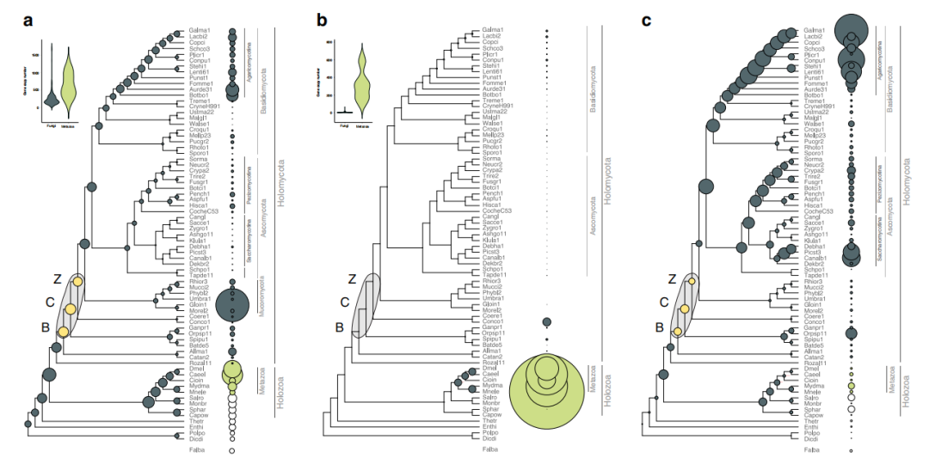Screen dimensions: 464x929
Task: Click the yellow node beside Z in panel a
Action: tap(77, 282)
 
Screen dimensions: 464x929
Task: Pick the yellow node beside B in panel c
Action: tap(678, 332)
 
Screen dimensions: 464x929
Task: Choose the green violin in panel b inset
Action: tap(364, 82)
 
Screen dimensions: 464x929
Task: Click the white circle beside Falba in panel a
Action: tap(231, 449)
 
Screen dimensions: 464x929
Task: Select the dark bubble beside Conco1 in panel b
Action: tap(546, 322)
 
